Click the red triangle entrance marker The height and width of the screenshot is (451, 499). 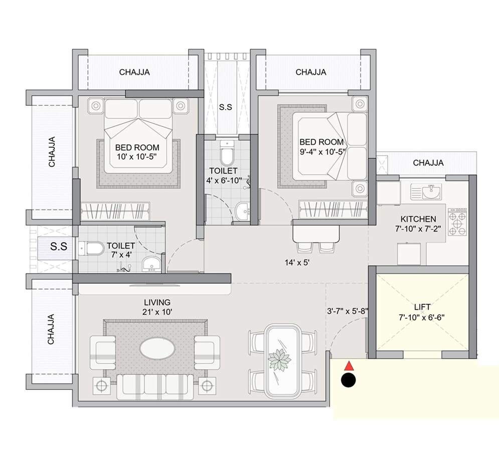(349, 366)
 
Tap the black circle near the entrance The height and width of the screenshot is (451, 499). (348, 380)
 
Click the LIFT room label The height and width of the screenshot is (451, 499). (423, 312)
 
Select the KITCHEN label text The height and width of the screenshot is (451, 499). (418, 224)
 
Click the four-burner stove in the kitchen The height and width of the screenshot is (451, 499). (457, 222)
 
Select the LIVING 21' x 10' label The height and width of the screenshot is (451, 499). (157, 307)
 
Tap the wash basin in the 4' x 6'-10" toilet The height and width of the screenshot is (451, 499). (243, 210)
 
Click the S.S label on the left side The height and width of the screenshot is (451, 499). (59, 247)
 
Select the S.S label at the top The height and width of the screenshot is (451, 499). (225, 107)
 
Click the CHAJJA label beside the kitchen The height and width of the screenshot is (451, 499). (428, 163)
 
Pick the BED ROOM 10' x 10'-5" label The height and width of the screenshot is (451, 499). (137, 152)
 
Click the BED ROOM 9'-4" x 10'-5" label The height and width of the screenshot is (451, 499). (321, 147)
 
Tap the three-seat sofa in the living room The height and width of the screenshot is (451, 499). (154, 387)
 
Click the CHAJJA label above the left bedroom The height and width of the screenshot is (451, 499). (134, 72)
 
